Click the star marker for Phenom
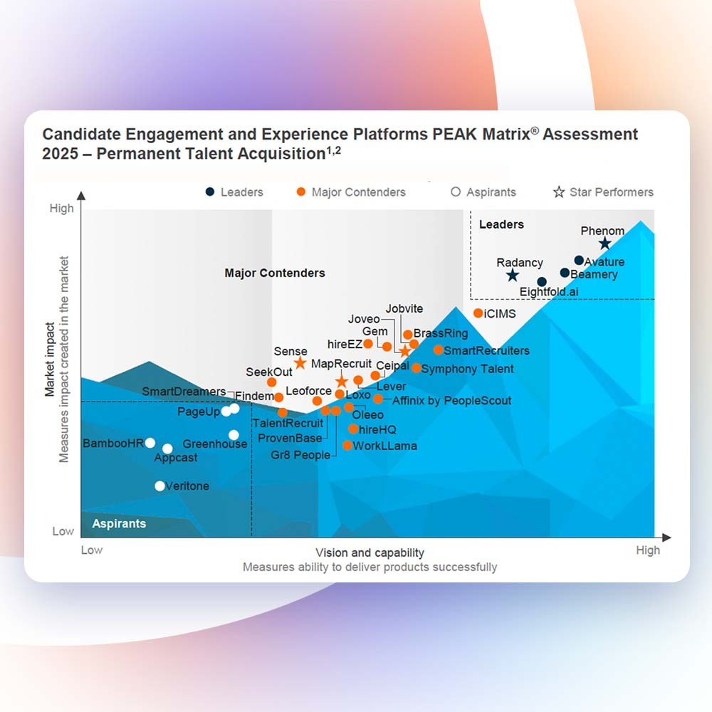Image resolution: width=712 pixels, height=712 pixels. click(604, 244)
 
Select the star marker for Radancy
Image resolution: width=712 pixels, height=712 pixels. click(512, 276)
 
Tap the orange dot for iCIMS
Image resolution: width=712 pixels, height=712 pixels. click(478, 313)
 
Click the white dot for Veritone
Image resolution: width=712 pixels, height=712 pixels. click(160, 486)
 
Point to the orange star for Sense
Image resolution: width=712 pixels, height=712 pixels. click(300, 363)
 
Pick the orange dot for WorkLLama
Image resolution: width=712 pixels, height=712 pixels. click(347, 446)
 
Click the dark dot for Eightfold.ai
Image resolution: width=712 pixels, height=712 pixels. click(542, 282)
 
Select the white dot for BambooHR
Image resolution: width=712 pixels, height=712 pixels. click(150, 443)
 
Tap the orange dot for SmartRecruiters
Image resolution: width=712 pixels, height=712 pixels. click(438, 350)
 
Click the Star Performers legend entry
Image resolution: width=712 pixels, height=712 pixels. click(603, 192)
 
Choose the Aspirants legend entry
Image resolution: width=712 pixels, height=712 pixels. click(483, 192)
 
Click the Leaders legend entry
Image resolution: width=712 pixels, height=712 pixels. click(234, 192)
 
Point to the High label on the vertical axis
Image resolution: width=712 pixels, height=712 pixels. click(62, 209)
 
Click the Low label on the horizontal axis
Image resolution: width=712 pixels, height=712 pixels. click(92, 550)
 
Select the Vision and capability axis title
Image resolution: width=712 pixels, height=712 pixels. click(370, 553)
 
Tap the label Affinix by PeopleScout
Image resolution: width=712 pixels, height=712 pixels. click(451, 400)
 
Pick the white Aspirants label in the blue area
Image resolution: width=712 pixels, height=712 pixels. click(119, 523)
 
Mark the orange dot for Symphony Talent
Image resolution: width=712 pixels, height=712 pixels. click(416, 367)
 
